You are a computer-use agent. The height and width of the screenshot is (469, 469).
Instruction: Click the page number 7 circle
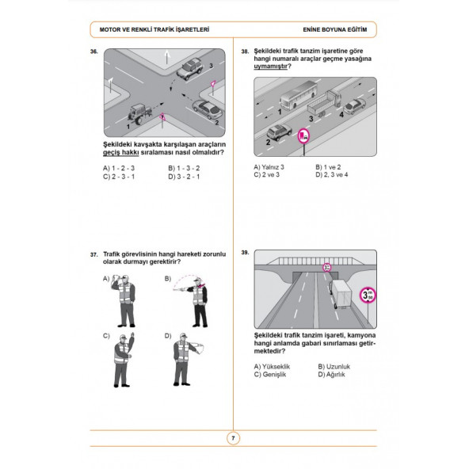(233, 438)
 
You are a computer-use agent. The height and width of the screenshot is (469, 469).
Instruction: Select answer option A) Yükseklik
(272, 366)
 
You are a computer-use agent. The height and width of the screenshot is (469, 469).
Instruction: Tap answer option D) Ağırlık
(331, 375)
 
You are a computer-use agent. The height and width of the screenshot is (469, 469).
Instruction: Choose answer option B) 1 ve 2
(328, 167)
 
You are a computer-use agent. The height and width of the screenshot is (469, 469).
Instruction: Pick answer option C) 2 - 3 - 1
(119, 177)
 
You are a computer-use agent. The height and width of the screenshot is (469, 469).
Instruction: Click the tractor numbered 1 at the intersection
(139, 113)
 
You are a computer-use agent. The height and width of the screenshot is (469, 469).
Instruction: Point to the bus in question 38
(298, 95)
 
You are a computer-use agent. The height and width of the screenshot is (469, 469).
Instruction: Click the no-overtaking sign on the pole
(304, 136)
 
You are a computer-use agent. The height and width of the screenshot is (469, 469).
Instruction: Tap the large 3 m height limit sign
(368, 296)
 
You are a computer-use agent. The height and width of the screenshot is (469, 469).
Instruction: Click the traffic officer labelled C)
(124, 360)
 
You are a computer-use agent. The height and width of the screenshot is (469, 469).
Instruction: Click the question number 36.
(94, 51)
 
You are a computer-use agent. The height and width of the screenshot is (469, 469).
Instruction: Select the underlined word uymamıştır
(270, 66)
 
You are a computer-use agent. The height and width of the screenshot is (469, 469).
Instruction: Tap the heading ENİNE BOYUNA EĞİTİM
(335, 29)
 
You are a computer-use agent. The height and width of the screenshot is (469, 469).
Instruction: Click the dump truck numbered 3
(325, 103)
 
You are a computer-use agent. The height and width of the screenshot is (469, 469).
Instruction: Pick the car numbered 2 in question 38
(279, 132)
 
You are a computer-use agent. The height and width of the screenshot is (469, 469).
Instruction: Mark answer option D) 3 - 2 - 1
(184, 177)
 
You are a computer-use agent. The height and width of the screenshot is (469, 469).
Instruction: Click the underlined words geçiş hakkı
(121, 153)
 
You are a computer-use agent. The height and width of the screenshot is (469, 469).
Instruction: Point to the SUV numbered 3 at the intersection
(190, 69)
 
